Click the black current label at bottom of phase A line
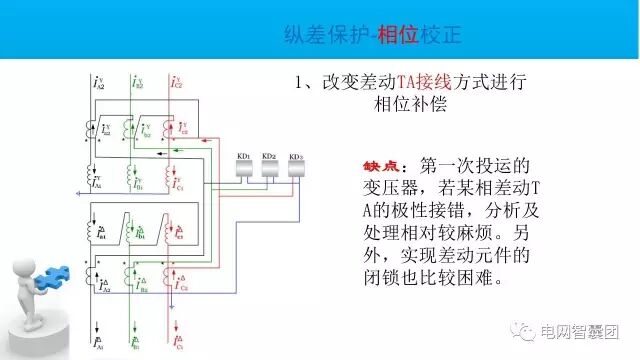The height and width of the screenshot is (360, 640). pyautogui.click(x=98, y=341)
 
